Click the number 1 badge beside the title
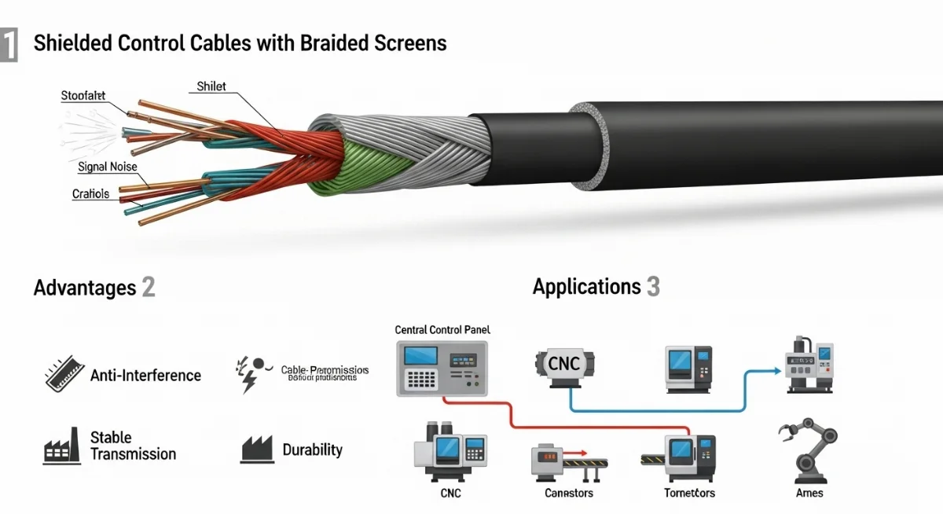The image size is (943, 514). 8,44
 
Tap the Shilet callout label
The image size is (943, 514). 211,86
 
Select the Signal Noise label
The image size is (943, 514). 108,167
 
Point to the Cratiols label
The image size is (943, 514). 90,193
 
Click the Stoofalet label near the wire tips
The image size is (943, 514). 83,96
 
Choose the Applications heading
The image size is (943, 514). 586,287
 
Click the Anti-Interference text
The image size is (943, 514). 145,376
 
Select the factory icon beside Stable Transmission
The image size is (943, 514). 62,446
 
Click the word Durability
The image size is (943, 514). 313,450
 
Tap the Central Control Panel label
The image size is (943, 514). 442,331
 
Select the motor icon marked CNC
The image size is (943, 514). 563,365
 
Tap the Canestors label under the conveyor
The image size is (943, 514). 569,493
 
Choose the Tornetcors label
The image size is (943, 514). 689,493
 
